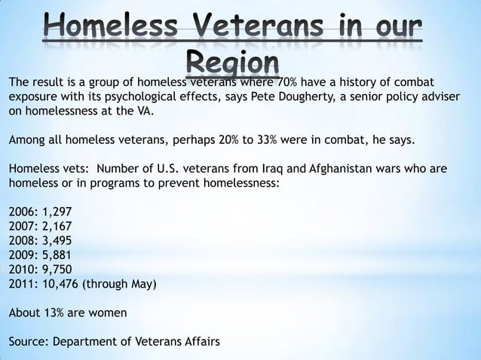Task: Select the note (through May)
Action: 119,285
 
